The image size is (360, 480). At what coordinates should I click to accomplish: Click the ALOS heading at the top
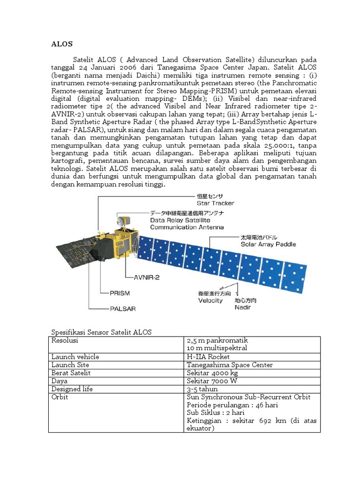point(61,44)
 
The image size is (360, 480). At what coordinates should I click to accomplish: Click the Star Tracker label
point(215,203)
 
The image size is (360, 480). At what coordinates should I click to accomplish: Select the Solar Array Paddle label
point(268,244)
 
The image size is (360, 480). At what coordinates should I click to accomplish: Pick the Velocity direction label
point(210,300)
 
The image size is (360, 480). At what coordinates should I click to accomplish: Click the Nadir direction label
point(242,307)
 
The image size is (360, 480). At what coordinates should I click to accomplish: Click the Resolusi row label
point(65,340)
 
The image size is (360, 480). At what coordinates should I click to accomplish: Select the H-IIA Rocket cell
point(208,357)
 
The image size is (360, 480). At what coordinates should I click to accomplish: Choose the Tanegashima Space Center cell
point(229,365)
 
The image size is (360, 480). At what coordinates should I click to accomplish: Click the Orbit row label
point(60,397)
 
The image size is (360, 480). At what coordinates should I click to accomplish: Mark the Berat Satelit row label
point(71,373)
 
